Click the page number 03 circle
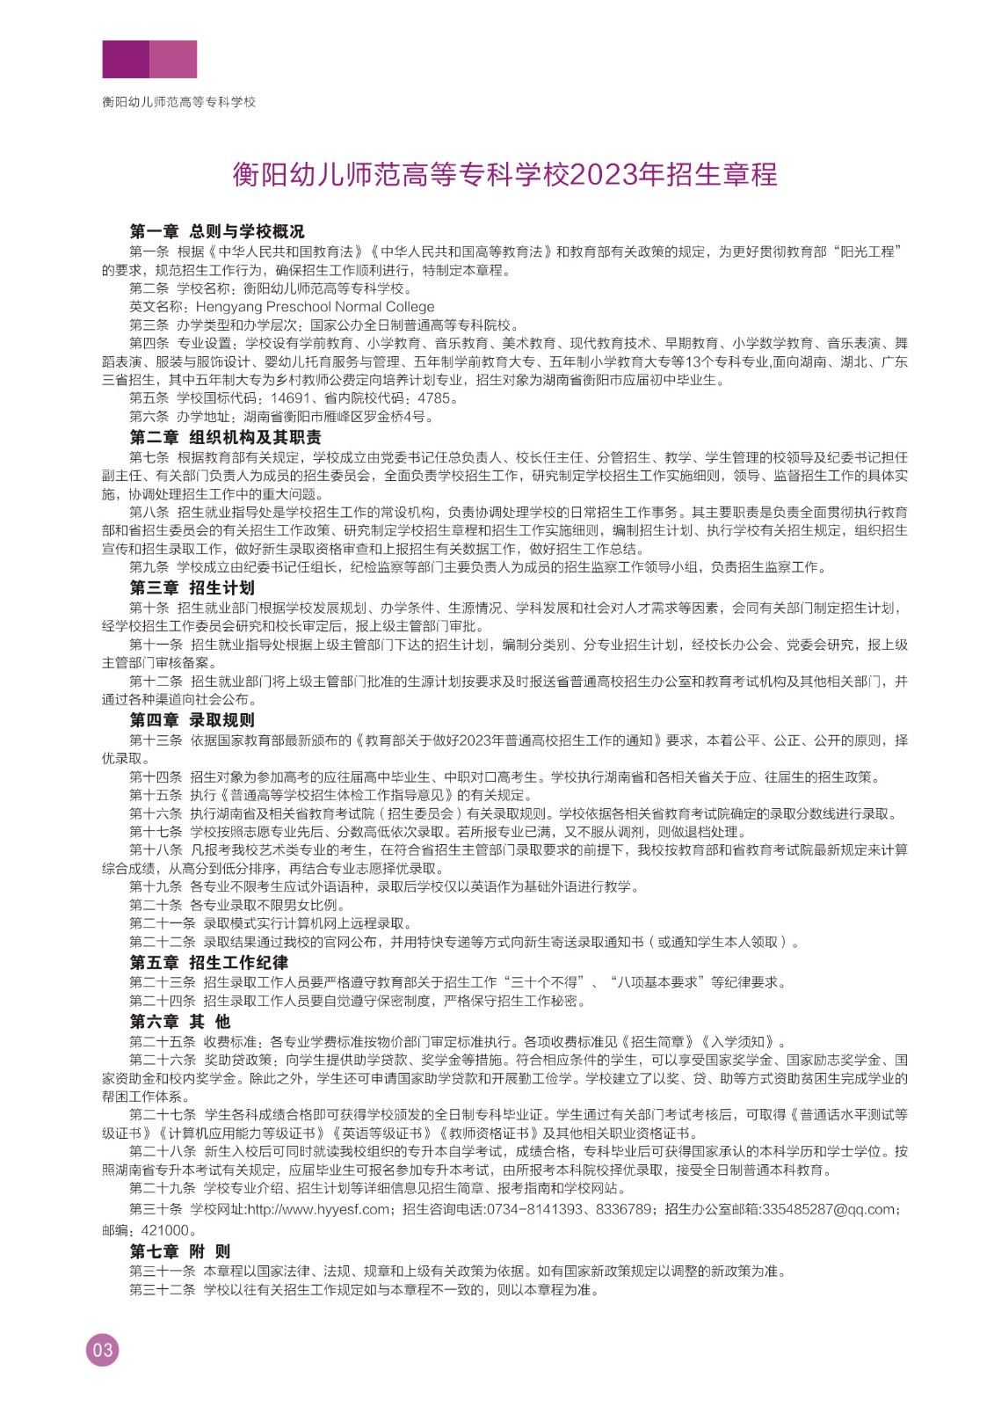(102, 1350)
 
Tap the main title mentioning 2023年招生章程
(504, 174)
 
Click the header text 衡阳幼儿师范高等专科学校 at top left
(178, 102)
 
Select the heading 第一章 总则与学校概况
(217, 231)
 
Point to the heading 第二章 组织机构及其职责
(225, 437)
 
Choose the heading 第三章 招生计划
(192, 587)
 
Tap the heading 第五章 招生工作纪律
(208, 962)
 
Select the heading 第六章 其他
(180, 1021)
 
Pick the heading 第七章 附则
(180, 1250)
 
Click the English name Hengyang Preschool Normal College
(315, 307)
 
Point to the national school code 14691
(290, 398)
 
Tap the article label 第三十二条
(163, 1290)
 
